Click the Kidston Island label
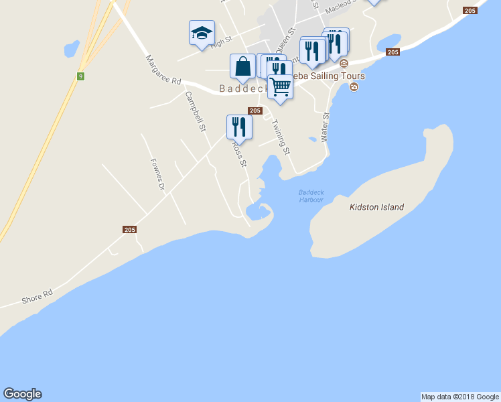point(376,207)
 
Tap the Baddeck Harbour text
point(311,196)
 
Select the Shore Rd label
point(37,294)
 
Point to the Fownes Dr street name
point(157,174)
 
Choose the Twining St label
point(280,137)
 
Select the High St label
point(220,43)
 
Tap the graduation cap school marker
point(202,33)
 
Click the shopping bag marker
point(242,66)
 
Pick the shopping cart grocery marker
point(280,86)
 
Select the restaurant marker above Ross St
point(239,126)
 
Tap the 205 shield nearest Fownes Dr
point(130,229)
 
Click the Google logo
point(22,394)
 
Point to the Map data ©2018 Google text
point(460,397)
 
